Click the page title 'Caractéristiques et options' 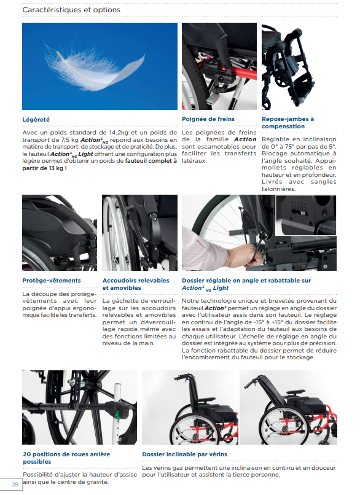[71, 10]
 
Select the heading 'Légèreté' [36, 119]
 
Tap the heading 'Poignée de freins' [208, 119]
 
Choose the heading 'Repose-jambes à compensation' [288, 123]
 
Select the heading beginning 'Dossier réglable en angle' [246, 284]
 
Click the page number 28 [14, 485]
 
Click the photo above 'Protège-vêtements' [59, 233]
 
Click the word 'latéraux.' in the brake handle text [197, 161]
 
